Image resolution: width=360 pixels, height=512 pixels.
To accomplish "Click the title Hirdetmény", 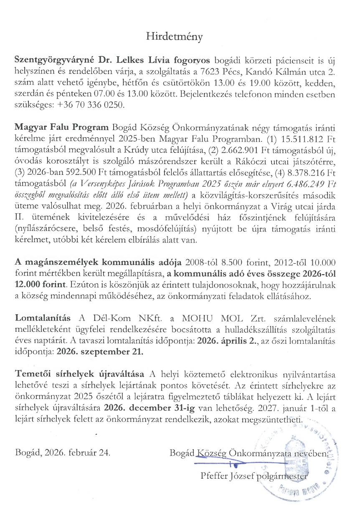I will pos(174,37).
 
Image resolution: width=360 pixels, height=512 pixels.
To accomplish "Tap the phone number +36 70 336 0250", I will pos(99,105).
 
